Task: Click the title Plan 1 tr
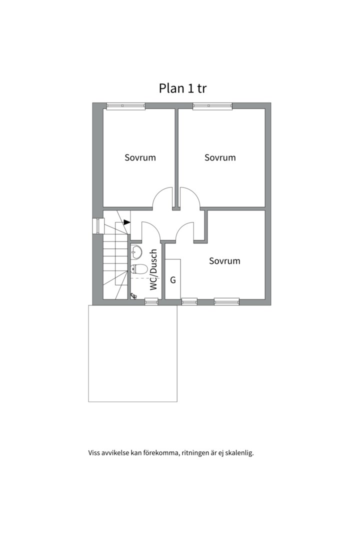[x=182, y=88]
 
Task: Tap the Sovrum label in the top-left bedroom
[x=140, y=157]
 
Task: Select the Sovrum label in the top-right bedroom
[x=220, y=157]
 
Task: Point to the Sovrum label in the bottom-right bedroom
[x=224, y=261]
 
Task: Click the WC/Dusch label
[x=154, y=269]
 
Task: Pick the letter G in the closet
[x=173, y=280]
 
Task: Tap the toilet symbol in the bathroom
[x=139, y=268]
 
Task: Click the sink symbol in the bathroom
[x=136, y=251]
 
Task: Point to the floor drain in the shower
[x=133, y=295]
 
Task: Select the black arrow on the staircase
[x=127, y=222]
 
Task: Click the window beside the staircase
[x=98, y=226]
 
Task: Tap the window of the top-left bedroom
[x=125, y=105]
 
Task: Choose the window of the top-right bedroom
[x=212, y=105]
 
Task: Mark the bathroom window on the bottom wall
[x=151, y=302]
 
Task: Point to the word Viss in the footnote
[x=94, y=452]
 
